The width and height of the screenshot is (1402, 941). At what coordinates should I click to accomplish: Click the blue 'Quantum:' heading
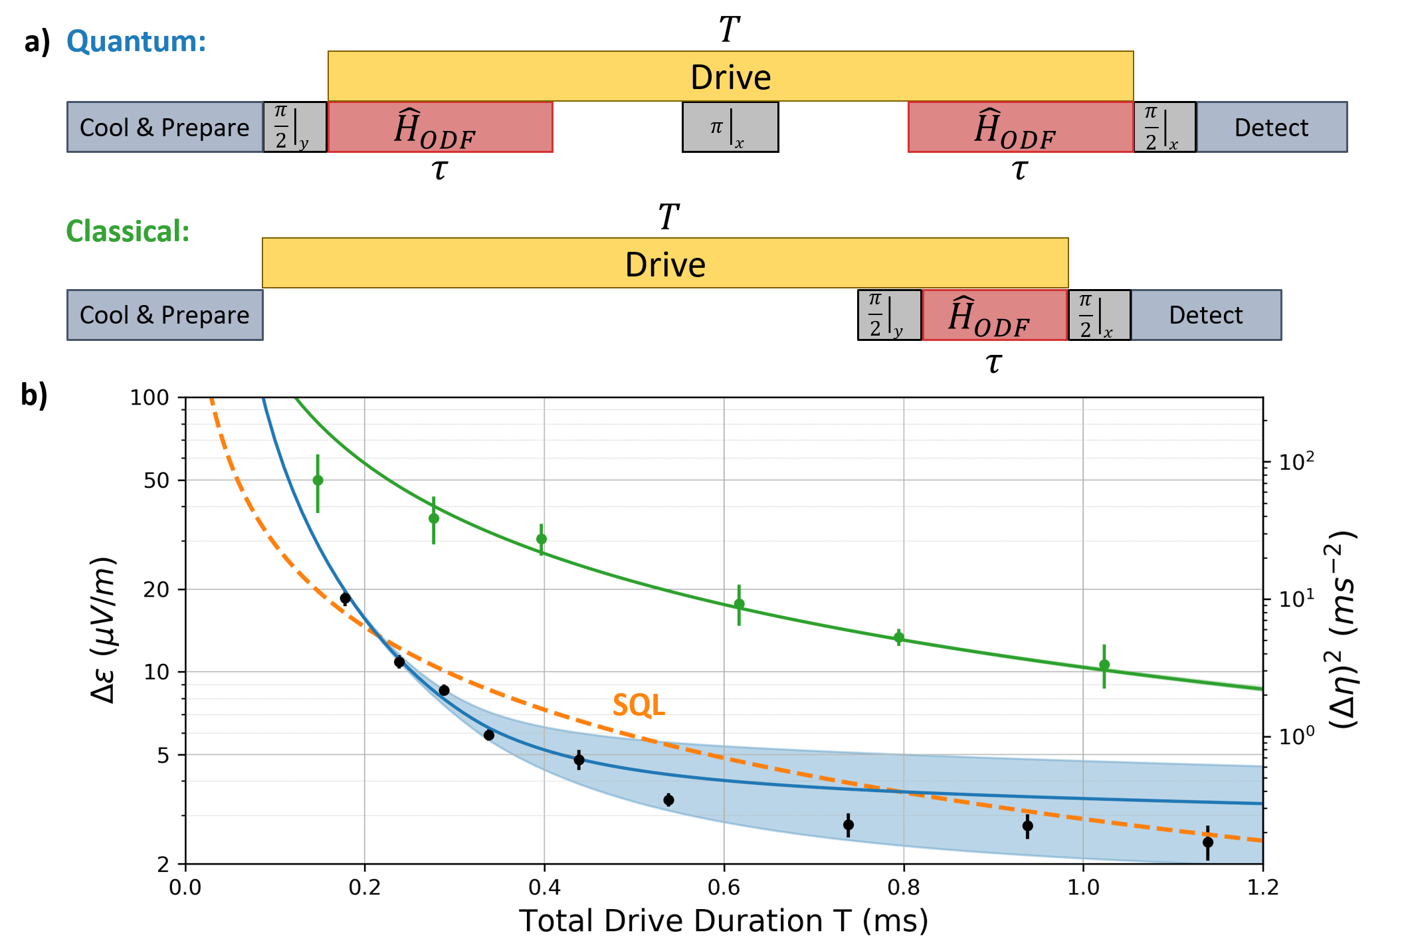[136, 41]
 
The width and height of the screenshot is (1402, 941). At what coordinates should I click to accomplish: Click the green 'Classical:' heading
[128, 231]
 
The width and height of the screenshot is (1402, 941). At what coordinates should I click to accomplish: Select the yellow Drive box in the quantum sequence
[730, 76]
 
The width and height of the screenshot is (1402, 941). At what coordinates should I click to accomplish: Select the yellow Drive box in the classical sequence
[665, 264]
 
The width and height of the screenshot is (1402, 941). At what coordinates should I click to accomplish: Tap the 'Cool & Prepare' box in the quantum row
[165, 127]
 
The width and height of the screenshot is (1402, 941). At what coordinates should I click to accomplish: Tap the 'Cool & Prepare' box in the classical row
[165, 315]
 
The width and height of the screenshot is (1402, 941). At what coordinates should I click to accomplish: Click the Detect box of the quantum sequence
[1271, 127]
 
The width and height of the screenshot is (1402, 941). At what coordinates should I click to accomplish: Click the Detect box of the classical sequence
[1206, 315]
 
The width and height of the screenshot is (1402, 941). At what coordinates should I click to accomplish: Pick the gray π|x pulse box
[730, 127]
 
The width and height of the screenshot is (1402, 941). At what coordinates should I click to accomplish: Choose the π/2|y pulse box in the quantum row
[295, 127]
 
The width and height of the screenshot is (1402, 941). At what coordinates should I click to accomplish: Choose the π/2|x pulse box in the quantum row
[1164, 127]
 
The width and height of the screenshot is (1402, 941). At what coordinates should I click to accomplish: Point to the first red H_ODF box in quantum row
[440, 127]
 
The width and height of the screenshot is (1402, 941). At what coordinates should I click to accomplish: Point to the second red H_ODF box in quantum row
[1020, 127]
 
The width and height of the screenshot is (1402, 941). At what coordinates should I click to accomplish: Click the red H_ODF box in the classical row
[994, 315]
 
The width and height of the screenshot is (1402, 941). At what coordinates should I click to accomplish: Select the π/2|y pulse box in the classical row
[889, 315]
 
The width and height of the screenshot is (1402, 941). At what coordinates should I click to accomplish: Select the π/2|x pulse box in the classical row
[1099, 315]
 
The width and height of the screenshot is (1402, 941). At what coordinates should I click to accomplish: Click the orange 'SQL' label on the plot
[639, 705]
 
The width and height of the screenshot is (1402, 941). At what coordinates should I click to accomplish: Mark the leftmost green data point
[318, 480]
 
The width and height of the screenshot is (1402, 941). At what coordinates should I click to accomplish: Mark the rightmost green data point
[1104, 665]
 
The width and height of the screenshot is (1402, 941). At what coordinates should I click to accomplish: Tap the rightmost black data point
[1208, 842]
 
